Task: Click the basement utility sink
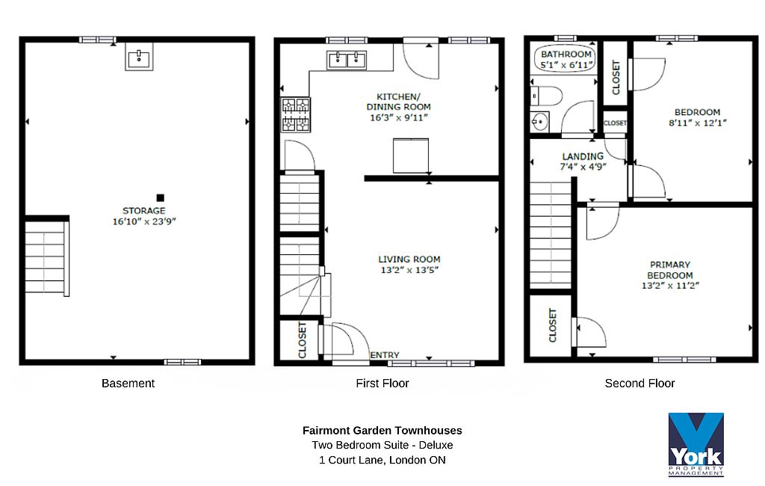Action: coord(139,56)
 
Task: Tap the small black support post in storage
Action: coord(160,198)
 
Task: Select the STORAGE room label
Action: coord(144,211)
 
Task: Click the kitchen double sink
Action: coord(347,60)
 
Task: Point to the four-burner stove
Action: coord(296,115)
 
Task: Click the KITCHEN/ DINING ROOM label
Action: coord(399,102)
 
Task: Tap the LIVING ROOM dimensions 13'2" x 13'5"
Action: coord(409,270)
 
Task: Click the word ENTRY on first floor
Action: coord(385,355)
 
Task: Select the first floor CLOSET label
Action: coord(303,340)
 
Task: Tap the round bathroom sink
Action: coord(539,121)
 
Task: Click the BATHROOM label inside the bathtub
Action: coord(566,55)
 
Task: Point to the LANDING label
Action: coord(583,156)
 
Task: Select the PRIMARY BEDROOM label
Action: coord(670,270)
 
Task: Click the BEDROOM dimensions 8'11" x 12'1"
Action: coord(698,123)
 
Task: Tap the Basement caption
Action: coord(128,384)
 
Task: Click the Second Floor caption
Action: coord(639,384)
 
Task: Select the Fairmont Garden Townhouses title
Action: coord(382,431)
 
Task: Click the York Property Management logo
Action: coord(696,444)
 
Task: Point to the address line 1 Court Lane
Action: coord(382,460)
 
